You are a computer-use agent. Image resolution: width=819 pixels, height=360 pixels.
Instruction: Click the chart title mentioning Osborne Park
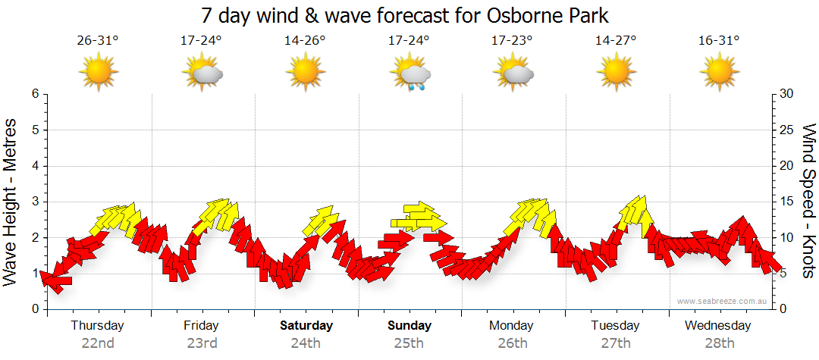405,15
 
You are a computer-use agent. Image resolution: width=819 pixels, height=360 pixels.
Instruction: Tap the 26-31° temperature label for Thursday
97,41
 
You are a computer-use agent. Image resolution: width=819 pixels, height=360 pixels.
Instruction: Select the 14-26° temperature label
305,41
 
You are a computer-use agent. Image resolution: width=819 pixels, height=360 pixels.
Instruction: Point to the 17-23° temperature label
513,41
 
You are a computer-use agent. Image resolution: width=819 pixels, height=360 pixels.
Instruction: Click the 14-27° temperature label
616,41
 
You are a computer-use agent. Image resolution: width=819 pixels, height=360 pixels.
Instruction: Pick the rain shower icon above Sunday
410,74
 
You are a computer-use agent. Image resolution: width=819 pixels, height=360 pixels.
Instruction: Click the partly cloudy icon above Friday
202,74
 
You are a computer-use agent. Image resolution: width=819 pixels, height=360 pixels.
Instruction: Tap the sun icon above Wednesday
719,73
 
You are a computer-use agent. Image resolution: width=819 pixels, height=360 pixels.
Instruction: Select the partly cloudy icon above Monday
514,74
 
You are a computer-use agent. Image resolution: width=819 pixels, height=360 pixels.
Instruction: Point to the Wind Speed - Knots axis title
808,201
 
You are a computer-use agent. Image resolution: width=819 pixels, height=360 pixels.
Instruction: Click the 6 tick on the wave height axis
34,94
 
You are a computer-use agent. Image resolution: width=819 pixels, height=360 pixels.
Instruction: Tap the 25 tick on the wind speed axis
788,130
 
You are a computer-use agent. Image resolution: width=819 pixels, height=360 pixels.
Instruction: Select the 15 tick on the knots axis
788,202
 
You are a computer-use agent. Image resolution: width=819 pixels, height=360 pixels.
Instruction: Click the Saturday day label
306,326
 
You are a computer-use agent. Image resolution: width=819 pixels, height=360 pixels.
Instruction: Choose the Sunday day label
409,326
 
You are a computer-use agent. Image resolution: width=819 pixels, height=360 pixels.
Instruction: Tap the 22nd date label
98,343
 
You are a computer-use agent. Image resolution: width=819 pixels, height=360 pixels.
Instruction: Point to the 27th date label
616,343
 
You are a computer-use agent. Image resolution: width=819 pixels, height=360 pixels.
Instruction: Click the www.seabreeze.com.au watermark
723,301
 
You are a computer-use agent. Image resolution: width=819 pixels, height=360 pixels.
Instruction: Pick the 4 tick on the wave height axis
34,166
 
